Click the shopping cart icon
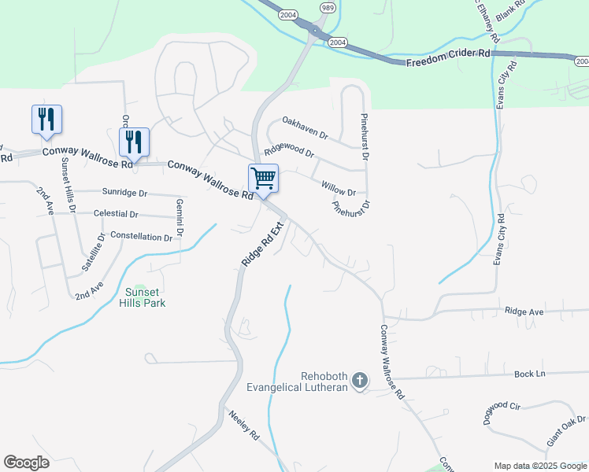pos(263,178)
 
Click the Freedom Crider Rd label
pos(448,57)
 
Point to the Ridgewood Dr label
pos(289,149)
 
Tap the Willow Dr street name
pos(339,189)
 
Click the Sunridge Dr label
pos(125,193)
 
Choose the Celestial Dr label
pos(115,214)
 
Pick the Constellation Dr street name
pos(141,236)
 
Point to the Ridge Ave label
pos(524,312)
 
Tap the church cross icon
pos(360,381)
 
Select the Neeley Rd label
pos(244,425)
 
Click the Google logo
pos(27,463)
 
